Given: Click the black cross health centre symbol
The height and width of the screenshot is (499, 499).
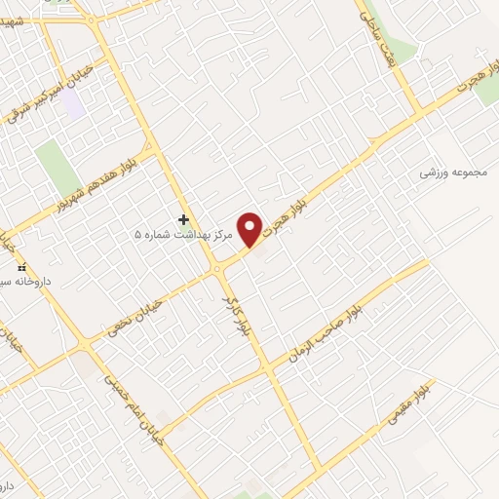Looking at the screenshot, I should click(x=183, y=220).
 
